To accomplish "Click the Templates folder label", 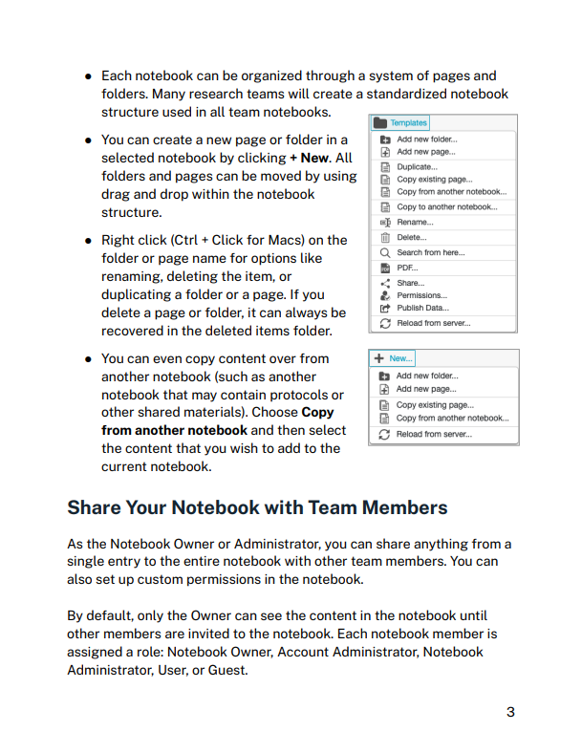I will point(408,122).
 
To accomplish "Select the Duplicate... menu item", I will point(417,166).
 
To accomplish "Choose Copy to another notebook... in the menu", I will point(446,206).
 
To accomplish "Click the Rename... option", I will point(415,222).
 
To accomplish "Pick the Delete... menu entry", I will point(412,237).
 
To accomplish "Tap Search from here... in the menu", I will point(431,252).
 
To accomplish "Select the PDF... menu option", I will point(407,269).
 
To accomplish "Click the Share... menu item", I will point(411,283).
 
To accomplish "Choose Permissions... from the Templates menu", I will point(421,295).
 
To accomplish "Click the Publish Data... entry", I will point(422,308).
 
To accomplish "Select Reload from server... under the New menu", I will point(432,435).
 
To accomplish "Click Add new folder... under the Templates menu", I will point(427,139).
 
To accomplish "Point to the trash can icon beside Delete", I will point(385,237).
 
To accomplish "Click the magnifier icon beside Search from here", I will point(385,252).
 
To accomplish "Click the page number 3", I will point(510,711).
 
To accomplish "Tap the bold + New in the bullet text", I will point(309,158).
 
